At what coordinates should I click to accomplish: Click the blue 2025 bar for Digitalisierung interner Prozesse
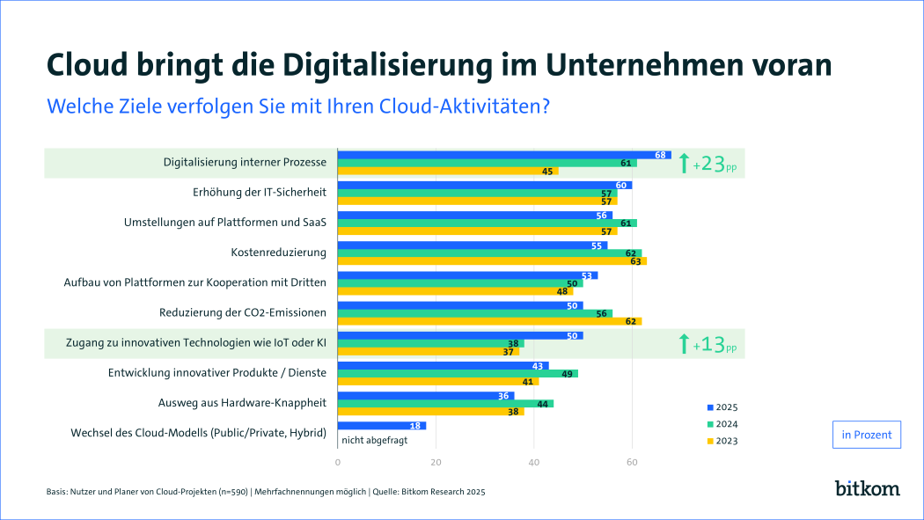(x=503, y=155)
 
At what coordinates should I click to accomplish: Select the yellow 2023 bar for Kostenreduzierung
(x=491, y=260)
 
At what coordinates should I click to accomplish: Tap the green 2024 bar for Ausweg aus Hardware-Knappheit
(x=445, y=403)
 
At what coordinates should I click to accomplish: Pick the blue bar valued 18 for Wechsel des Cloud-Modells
(x=381, y=426)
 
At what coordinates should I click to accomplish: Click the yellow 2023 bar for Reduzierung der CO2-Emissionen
(x=489, y=321)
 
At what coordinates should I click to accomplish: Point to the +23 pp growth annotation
(x=708, y=164)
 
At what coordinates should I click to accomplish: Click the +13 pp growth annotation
(x=708, y=344)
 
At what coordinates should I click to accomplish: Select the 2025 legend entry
(x=722, y=407)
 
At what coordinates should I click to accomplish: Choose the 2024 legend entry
(x=722, y=424)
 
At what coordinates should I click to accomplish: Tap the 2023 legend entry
(x=722, y=441)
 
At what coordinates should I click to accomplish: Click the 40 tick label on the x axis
(x=534, y=461)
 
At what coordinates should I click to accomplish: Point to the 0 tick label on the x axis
(x=338, y=461)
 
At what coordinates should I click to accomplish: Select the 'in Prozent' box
(x=866, y=435)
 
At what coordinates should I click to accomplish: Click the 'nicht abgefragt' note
(x=375, y=441)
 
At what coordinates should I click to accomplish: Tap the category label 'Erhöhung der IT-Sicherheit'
(x=259, y=192)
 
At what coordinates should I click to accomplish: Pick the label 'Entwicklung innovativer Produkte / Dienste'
(x=216, y=373)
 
